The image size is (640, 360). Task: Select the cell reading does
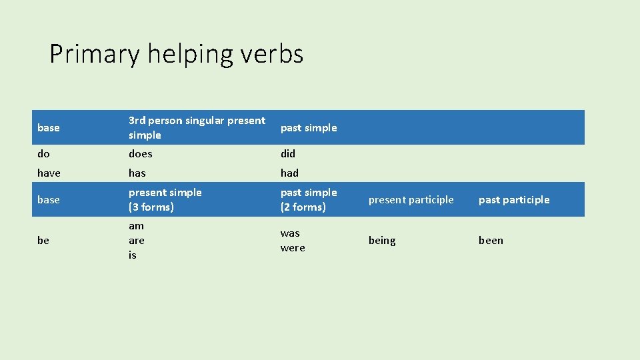(x=141, y=154)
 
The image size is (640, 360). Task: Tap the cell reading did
(x=288, y=154)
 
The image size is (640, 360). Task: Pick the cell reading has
(x=137, y=173)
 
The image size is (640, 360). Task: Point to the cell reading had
(x=289, y=173)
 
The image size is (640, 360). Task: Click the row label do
(x=43, y=154)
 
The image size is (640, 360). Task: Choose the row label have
(x=49, y=173)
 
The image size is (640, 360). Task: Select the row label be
(x=43, y=241)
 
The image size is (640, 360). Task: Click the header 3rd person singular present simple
(x=197, y=128)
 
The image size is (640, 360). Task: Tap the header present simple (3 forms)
(x=165, y=200)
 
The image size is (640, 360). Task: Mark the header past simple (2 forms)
(x=309, y=200)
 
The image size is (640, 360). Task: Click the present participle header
(x=411, y=200)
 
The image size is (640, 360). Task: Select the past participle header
(x=514, y=200)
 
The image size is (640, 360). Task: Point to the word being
(x=382, y=241)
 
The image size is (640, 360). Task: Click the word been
(x=491, y=241)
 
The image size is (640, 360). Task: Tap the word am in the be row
(x=136, y=226)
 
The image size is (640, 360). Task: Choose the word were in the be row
(x=293, y=248)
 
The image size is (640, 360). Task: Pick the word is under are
(x=132, y=255)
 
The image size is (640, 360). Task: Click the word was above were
(x=290, y=233)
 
